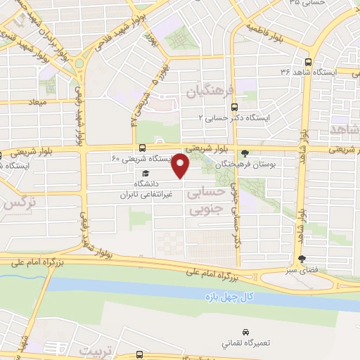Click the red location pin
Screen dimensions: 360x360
[181, 167]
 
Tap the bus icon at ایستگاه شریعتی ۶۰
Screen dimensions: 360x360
[143, 148]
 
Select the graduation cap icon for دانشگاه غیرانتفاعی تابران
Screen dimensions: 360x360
[146, 174]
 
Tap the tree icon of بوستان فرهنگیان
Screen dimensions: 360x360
[244, 153]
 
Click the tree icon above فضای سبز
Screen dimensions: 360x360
[302, 259]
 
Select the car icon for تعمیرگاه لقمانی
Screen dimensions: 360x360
[245, 331]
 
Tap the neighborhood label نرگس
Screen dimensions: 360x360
[19, 205]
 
